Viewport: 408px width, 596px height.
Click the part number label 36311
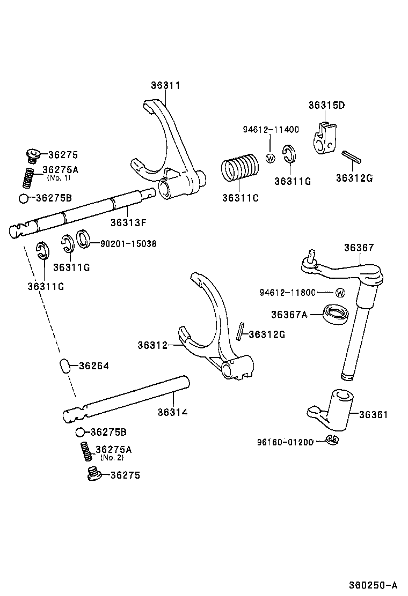pos(165,86)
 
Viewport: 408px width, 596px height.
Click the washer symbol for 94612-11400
pos(271,158)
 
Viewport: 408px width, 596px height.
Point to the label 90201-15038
pos(128,243)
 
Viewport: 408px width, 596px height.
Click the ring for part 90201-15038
pos(84,239)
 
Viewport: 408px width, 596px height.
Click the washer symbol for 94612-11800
pos(340,293)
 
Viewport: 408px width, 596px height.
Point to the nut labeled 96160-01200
pos(333,440)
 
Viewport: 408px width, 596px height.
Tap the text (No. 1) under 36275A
pos(59,177)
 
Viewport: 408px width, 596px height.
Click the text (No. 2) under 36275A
pos(112,457)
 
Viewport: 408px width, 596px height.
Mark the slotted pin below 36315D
pos(352,157)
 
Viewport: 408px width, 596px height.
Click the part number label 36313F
pos(128,222)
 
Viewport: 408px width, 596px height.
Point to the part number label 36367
pos(359,248)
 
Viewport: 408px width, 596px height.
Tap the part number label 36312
pos(152,346)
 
